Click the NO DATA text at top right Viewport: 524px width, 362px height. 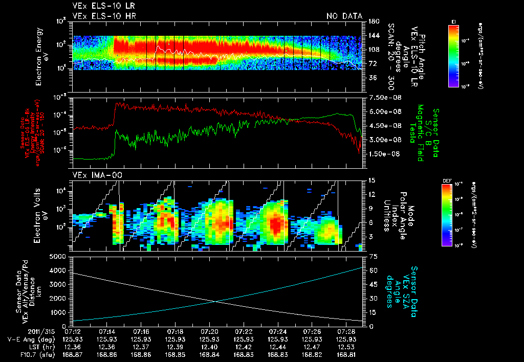pyautogui.click(x=344, y=16)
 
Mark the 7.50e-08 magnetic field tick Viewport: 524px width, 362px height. pyautogui.click(x=381, y=97)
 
